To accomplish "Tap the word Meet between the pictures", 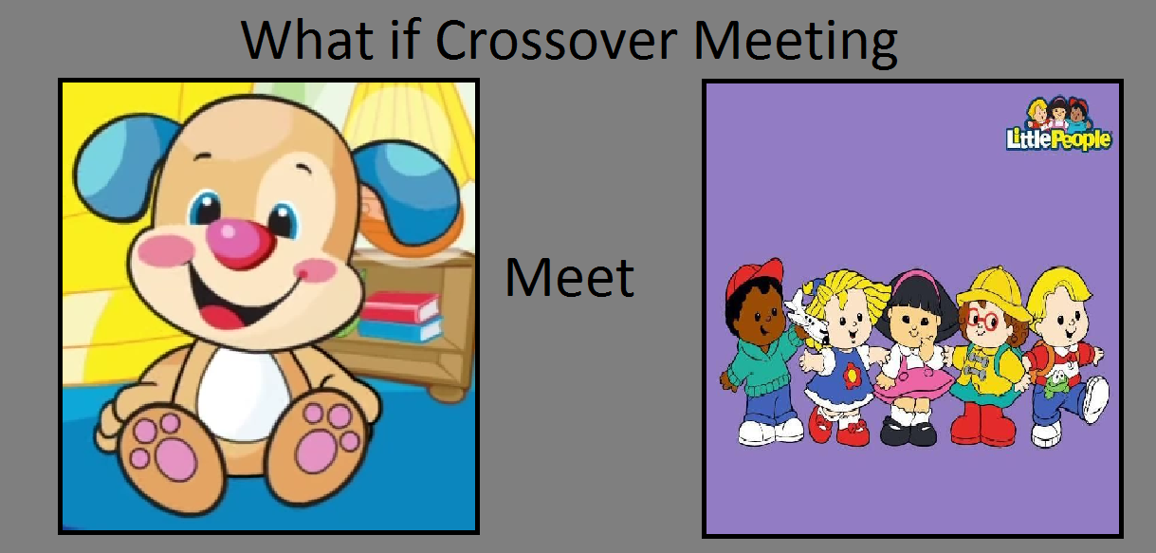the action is coord(570,278).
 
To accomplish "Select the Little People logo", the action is coord(1058,124).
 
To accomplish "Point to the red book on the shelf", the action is coord(400,306).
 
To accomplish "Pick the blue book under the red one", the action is coord(401,329).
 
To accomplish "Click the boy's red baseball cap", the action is coord(755,279).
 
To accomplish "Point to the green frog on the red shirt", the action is coord(1057,383).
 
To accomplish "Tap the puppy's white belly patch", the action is coord(242,393).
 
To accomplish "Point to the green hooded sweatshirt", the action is coord(763,364).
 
